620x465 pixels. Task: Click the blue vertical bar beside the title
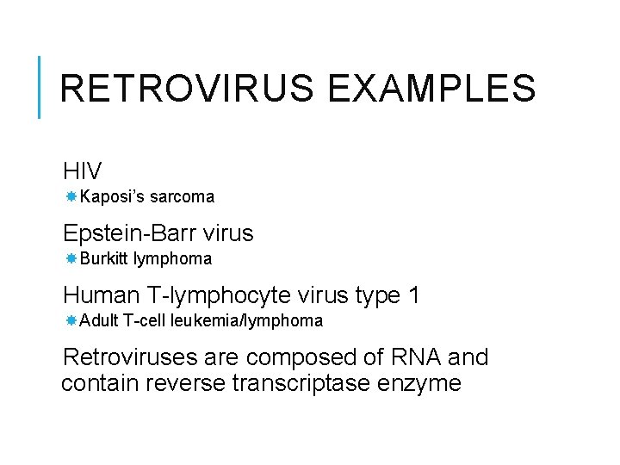[x=40, y=87]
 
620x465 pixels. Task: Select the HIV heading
[x=83, y=170]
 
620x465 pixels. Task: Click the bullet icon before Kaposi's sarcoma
[x=71, y=197]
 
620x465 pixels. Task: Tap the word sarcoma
[x=182, y=197]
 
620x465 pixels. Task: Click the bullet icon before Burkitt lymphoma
[x=71, y=259]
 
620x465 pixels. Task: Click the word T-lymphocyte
[x=220, y=296]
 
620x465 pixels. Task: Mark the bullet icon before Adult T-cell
[x=71, y=321]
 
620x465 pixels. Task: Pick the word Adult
[x=99, y=321]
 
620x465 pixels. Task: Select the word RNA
[x=413, y=357]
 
